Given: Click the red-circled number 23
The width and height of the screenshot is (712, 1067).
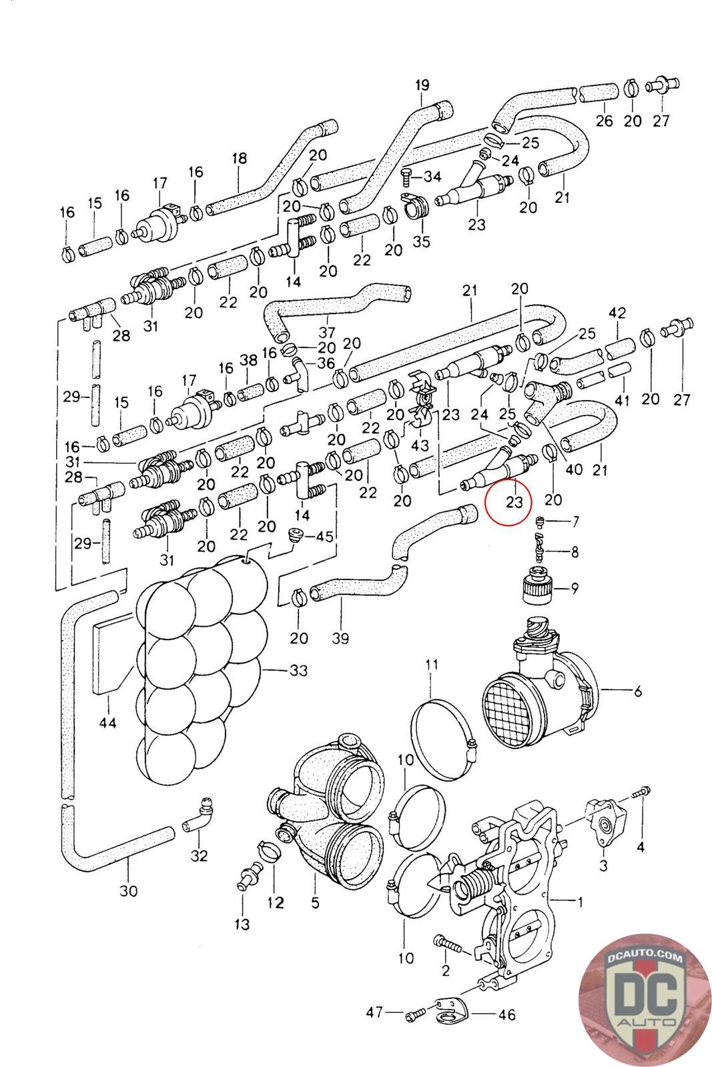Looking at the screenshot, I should coord(514,501).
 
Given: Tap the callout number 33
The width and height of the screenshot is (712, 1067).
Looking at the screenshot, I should coord(298,670).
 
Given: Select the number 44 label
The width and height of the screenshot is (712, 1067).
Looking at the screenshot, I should coord(107,722).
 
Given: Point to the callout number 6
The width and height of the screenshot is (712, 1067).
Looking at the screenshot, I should coord(637,692).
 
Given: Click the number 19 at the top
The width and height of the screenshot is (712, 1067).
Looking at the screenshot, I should coord(422,85).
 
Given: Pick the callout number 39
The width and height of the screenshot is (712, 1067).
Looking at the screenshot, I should coord(340,638).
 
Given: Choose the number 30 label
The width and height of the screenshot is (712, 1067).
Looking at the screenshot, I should coord(128,890).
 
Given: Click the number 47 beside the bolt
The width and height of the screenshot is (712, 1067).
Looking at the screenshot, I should coord(375,1012).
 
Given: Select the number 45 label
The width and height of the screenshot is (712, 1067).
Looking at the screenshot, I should coord(324,536).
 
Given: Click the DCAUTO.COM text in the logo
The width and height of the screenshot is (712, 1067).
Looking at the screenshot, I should coord(646,958).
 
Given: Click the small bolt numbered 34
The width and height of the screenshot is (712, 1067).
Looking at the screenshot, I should coord(407,175).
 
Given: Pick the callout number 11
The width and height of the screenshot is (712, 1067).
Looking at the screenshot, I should coord(431,664).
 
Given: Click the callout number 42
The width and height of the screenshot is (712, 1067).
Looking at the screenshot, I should coord(617,313).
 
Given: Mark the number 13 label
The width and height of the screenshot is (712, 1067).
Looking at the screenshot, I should coord(242,924).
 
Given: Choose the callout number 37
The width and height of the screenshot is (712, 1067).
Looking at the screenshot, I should coord(326,332).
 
